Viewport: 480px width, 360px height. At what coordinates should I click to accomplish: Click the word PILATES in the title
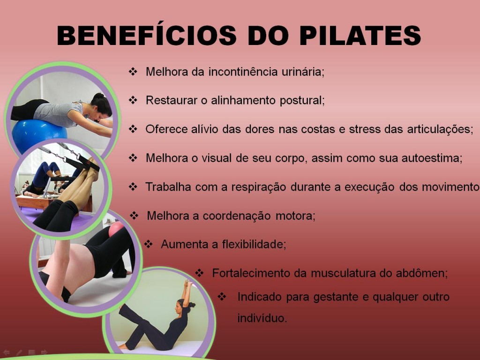(360, 35)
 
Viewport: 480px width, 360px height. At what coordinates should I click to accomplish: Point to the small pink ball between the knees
(116, 229)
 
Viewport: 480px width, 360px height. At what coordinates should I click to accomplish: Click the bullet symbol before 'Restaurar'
(133, 100)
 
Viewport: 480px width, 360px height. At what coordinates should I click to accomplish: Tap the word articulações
(440, 129)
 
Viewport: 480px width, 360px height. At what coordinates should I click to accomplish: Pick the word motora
(295, 216)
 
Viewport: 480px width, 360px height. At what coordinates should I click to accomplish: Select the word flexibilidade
(254, 244)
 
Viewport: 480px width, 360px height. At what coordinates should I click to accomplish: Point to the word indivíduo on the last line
(262, 318)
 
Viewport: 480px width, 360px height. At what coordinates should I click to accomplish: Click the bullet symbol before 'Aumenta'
(148, 244)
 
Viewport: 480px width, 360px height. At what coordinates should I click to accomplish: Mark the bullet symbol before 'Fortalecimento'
(199, 273)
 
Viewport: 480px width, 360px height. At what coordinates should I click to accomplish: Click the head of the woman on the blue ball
(102, 105)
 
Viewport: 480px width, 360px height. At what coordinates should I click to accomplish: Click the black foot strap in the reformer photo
(87, 164)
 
